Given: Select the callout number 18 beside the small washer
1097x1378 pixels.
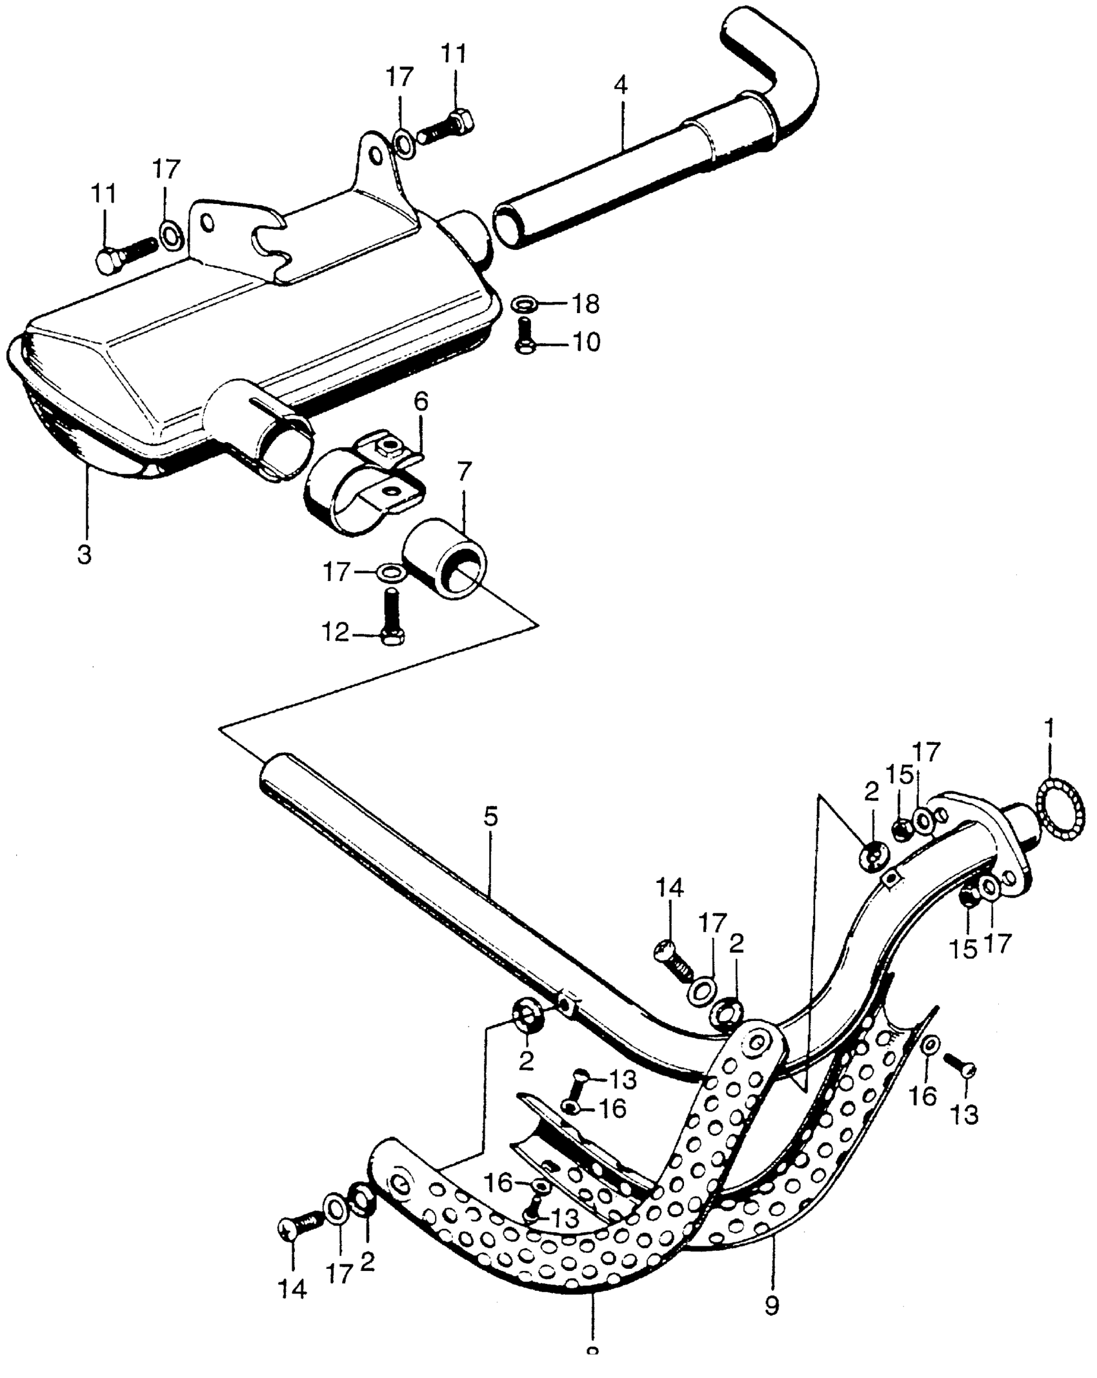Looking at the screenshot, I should [x=586, y=304].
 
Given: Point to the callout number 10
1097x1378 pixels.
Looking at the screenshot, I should [x=586, y=342].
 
